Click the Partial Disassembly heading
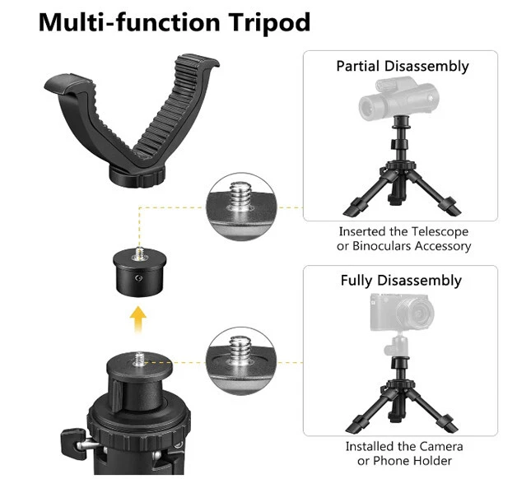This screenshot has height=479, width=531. click(x=402, y=67)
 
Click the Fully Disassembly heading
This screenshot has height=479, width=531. click(x=401, y=281)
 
